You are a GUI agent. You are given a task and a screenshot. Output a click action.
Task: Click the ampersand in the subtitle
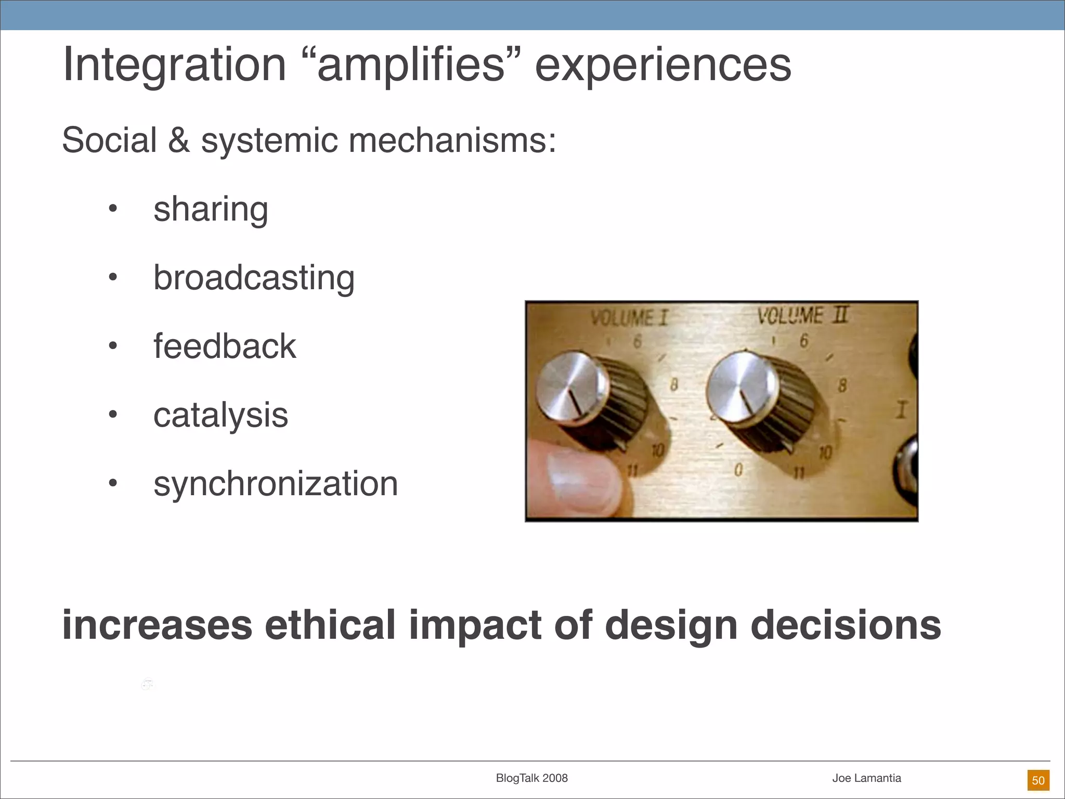[179, 140]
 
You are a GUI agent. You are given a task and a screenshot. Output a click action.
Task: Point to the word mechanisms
[452, 140]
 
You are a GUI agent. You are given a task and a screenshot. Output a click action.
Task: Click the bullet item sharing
[211, 209]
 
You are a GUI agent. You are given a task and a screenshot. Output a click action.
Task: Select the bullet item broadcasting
[254, 278]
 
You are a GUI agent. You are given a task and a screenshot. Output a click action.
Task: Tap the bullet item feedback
[225, 346]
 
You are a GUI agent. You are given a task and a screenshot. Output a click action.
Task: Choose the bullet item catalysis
[220, 415]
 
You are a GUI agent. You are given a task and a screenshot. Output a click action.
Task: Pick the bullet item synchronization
[276, 484]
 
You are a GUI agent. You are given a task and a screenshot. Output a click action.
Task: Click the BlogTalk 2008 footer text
[531, 778]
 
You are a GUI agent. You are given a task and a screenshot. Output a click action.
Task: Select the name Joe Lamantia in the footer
[866, 778]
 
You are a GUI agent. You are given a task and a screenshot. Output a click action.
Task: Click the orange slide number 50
[1038, 780]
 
